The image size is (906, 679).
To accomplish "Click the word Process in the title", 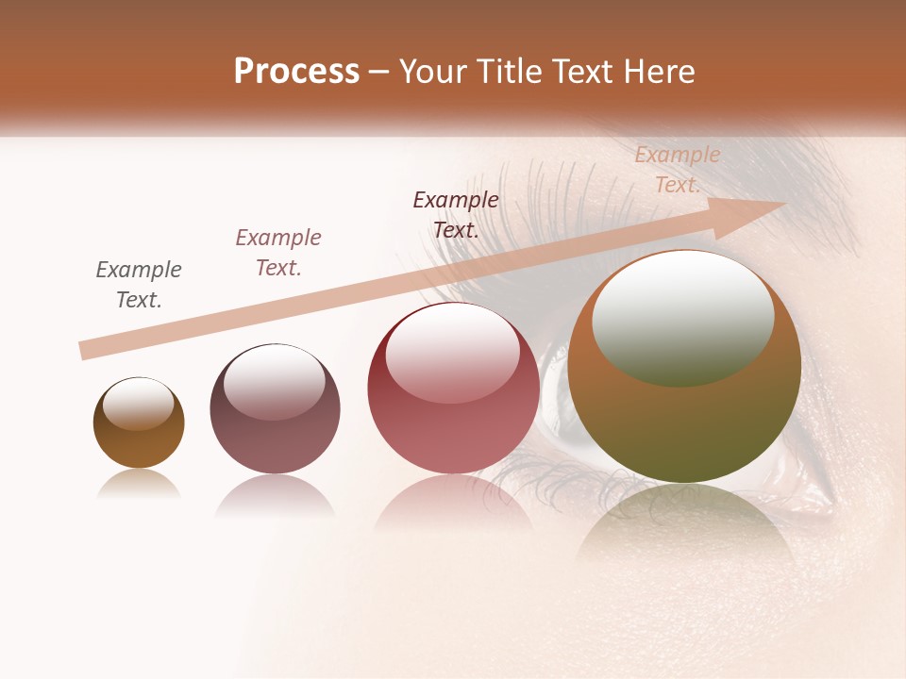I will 296,72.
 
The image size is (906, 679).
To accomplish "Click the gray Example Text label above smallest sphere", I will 139,285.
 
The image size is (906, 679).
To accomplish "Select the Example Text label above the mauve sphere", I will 278,253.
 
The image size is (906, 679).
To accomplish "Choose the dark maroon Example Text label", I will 456,215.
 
